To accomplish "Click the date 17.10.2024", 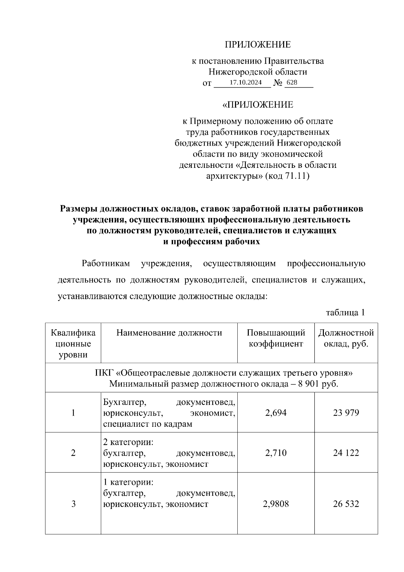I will tap(245, 83).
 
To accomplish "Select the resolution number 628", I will tap(292, 83).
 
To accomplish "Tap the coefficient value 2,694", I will tap(276, 413).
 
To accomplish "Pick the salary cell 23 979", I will tap(346, 413).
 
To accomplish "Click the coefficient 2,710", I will tap(276, 452).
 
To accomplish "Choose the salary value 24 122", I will tap(346, 452).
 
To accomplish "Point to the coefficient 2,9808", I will tap(276, 504).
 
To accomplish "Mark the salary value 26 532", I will tap(346, 504).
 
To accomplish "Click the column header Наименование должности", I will tap(169, 333).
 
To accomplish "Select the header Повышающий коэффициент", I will tap(276, 338).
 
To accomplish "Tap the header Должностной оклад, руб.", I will tap(346, 338).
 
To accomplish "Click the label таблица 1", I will tap(345, 312).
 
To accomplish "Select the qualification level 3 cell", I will tap(73, 504).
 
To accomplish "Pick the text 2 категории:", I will tap(128, 442).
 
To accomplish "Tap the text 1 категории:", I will tap(128, 482).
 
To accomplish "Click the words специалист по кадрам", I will tap(148, 424).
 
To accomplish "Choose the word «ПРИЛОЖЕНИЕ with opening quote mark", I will tap(258, 105).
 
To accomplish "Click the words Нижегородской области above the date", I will tap(258, 72).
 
